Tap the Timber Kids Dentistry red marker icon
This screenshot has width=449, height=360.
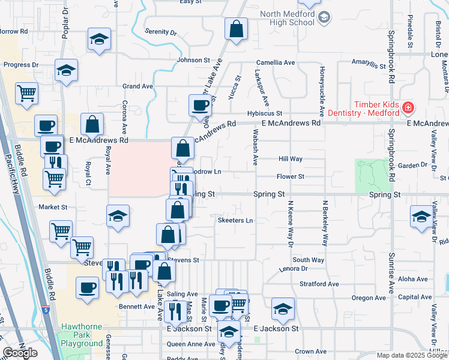pyautogui.click(x=408, y=108)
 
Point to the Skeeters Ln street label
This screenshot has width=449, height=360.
pyautogui.click(x=235, y=220)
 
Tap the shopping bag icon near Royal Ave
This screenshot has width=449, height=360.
pyautogui.click(x=93, y=125)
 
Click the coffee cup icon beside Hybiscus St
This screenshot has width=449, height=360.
pyautogui.click(x=200, y=105)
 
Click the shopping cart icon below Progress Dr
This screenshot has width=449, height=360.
pyautogui.click(x=27, y=93)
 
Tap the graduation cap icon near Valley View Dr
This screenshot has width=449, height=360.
pyautogui.click(x=421, y=216)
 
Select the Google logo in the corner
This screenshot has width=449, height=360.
pyautogui.click(x=20, y=353)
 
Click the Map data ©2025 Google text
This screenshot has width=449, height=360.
pyautogui.click(x=411, y=355)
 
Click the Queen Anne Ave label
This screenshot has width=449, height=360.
pyautogui.click(x=191, y=344)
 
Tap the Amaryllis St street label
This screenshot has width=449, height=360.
pyautogui.click(x=368, y=64)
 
